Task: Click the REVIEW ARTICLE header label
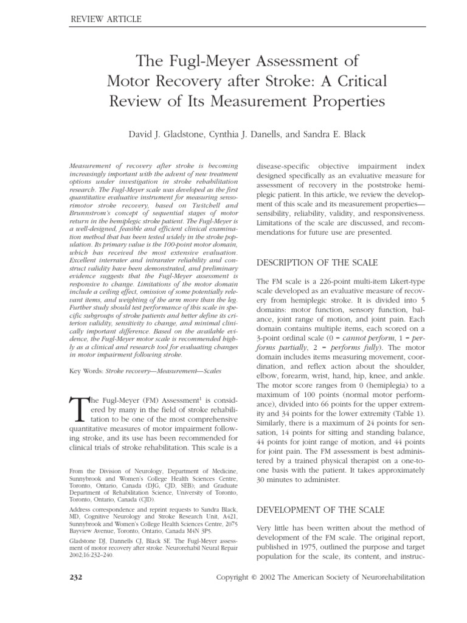coord(107,19)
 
